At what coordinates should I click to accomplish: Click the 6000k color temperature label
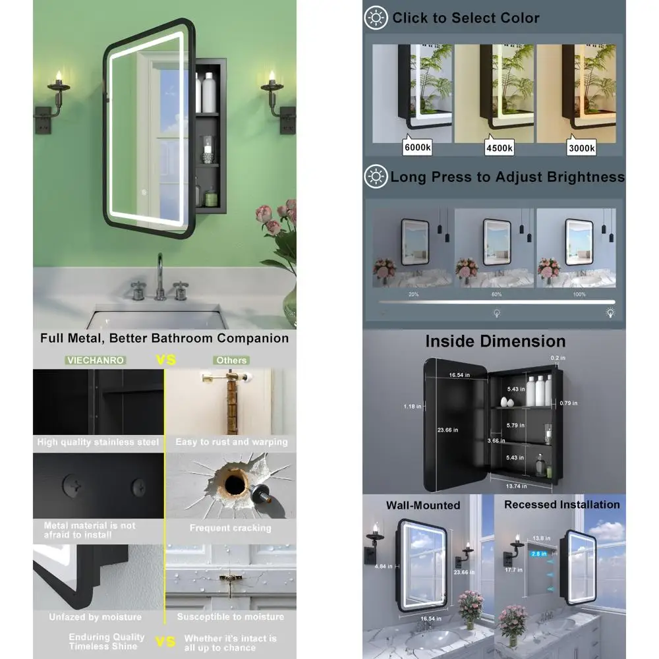coord(417,148)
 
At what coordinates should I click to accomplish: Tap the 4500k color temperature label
coord(500,148)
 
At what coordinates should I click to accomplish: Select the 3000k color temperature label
coord(582,148)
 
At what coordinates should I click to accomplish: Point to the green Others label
coord(232,360)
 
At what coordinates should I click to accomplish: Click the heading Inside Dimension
coord(495,341)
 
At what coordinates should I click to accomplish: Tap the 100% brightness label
coord(579,295)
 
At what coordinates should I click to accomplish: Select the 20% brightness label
coord(413,295)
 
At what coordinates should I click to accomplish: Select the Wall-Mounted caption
coord(423,505)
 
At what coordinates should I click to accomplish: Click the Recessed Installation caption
coord(561,505)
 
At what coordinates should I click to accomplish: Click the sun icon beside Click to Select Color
coord(376,18)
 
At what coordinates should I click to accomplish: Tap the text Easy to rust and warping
coord(231,442)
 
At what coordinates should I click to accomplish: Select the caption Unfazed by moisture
coord(95,617)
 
